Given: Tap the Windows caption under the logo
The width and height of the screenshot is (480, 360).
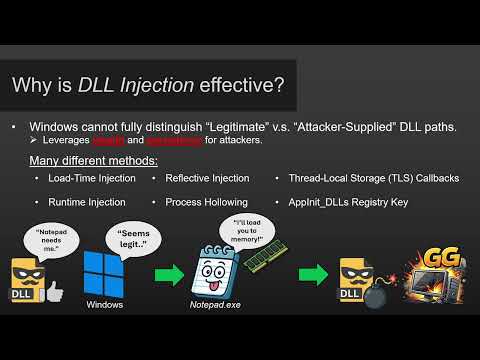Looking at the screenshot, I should (x=105, y=304).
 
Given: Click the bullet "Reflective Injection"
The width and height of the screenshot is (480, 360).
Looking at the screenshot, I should (x=207, y=178).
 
